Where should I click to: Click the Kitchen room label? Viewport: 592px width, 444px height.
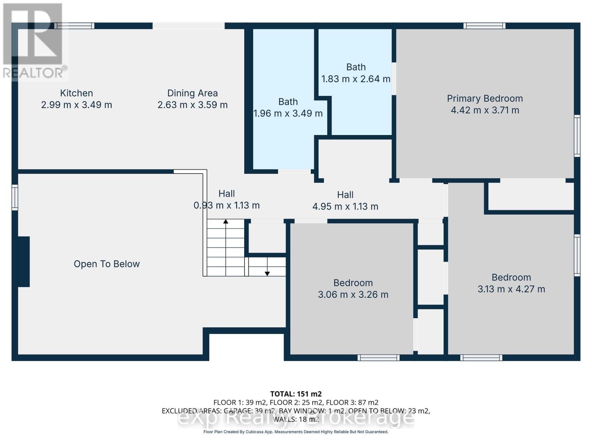click(x=76, y=93)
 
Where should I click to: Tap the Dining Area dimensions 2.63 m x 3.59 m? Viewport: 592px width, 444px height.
click(x=192, y=105)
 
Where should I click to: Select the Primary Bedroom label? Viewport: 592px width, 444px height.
click(x=485, y=98)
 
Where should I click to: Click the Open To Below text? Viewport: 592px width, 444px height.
click(x=107, y=264)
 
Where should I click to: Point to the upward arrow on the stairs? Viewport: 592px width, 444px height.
click(x=226, y=222)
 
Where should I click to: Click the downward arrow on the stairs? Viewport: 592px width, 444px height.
click(x=267, y=273)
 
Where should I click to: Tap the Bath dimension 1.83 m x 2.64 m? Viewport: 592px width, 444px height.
click(x=356, y=79)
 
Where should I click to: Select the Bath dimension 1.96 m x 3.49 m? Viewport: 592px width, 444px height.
click(x=288, y=114)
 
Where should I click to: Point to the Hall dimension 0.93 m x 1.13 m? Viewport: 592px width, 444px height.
click(x=226, y=205)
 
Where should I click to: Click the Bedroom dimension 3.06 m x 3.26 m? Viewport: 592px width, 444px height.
click(x=353, y=295)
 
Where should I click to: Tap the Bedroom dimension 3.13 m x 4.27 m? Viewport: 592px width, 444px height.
click(x=511, y=289)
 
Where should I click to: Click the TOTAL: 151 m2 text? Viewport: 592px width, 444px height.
click(x=296, y=394)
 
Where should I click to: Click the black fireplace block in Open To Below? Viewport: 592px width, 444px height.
click(x=24, y=262)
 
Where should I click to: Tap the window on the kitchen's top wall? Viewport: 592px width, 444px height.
click(x=74, y=26)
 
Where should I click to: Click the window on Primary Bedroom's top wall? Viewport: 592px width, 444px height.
click(x=484, y=26)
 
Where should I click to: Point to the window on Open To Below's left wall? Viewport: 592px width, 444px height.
click(x=15, y=198)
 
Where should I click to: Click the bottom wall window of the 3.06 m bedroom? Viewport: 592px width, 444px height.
click(x=378, y=358)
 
